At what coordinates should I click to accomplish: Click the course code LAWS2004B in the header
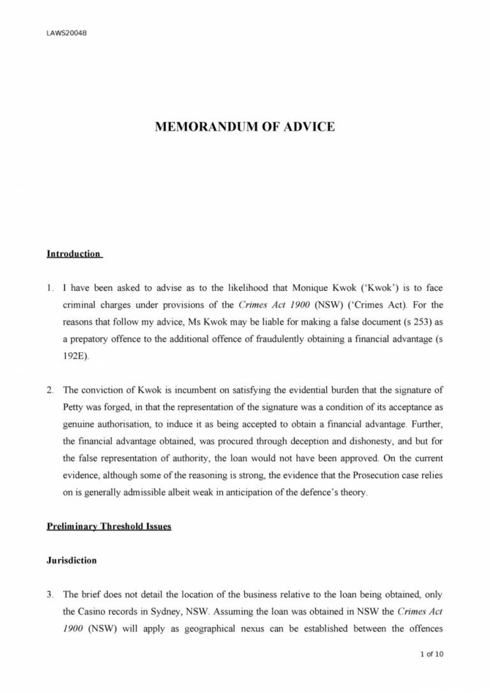click(66, 33)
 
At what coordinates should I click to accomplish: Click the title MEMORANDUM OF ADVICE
click(244, 127)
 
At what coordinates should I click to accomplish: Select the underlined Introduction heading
click(74, 254)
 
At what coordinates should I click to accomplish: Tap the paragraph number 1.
click(49, 283)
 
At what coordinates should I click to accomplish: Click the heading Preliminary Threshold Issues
click(108, 527)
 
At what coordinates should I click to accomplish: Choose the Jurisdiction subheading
click(71, 560)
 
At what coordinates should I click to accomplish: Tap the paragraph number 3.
click(49, 595)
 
